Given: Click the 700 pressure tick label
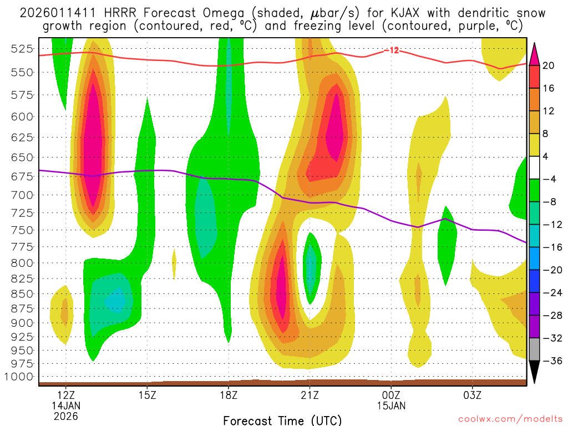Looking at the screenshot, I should (x=22, y=195).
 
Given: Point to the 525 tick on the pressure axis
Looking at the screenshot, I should (x=22, y=48).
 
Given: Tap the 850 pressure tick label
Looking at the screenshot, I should (x=22, y=293).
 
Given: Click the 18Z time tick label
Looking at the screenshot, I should (x=229, y=395).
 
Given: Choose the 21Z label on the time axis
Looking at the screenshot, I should (x=310, y=395).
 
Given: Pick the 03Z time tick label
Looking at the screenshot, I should (x=473, y=395).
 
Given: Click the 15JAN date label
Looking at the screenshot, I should (x=391, y=405).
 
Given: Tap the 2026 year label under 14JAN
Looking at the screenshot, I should (x=66, y=415).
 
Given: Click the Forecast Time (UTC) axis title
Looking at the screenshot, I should (x=282, y=420).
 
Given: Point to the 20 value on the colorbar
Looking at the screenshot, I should (x=549, y=65).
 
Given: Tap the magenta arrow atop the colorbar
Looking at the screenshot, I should (x=534, y=53).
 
